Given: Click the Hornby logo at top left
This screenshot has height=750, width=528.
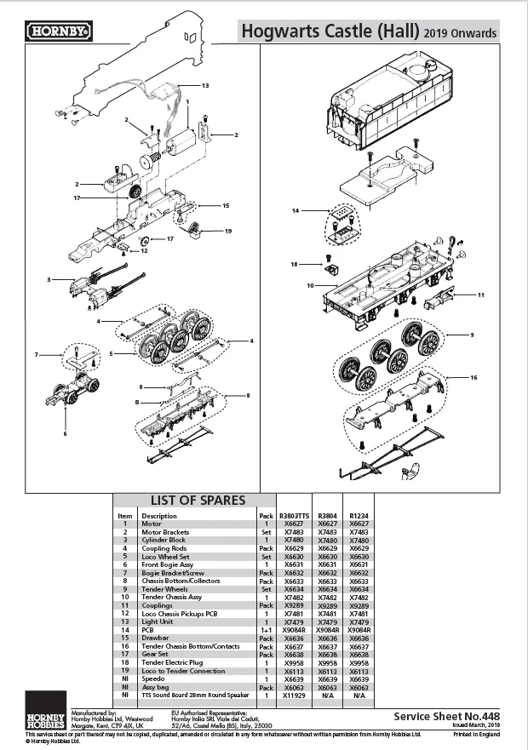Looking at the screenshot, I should (x=59, y=31).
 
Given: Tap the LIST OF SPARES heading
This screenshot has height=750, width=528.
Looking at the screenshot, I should (x=198, y=500).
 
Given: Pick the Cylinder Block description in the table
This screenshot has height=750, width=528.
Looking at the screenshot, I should (x=163, y=540).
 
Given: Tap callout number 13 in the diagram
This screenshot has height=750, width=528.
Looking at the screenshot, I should (x=204, y=86).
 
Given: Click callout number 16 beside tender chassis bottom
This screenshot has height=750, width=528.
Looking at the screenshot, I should (x=473, y=375).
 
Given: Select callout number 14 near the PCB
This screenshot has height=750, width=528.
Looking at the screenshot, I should (x=296, y=209).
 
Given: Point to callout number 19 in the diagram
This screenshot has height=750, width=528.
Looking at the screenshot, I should (x=227, y=231).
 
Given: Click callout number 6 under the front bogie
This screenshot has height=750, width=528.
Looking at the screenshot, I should (x=65, y=433).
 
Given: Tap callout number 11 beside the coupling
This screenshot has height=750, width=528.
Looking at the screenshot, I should (x=480, y=295).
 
